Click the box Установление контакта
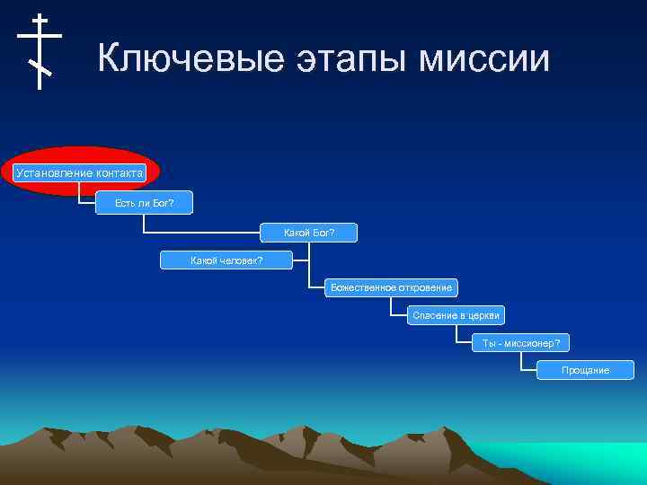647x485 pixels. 80,172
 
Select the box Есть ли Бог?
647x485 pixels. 144,204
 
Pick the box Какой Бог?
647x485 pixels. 308,234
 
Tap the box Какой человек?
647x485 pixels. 226,260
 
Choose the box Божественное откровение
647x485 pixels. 391,287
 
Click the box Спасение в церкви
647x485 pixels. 455,315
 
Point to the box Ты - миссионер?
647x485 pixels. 520,342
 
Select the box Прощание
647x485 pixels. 585,370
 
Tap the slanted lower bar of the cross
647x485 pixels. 40,67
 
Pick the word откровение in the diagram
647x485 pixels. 421,287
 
